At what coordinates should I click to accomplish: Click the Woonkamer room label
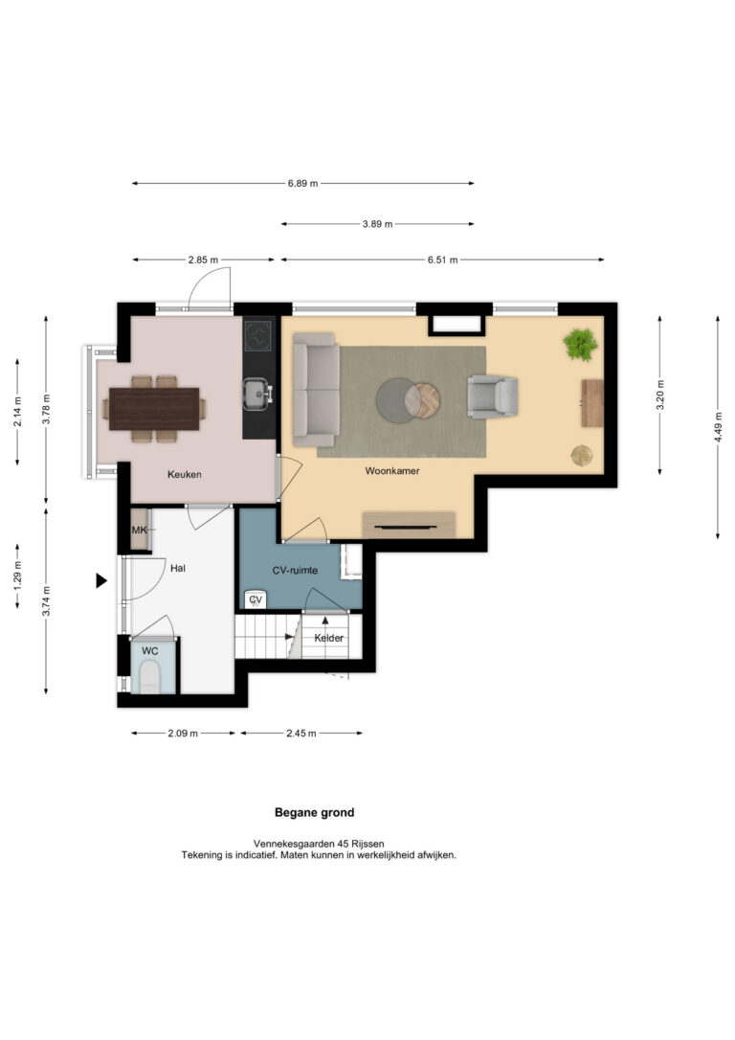(x=392, y=471)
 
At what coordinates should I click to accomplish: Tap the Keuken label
(x=185, y=474)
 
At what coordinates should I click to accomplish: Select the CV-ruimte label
(x=295, y=571)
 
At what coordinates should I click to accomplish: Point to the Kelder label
(x=328, y=638)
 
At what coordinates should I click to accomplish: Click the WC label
(x=150, y=651)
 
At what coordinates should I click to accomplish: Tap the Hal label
(x=178, y=569)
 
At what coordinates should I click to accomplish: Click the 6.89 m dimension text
(x=302, y=184)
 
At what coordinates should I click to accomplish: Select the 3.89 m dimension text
(x=377, y=224)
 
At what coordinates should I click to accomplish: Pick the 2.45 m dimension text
(x=301, y=734)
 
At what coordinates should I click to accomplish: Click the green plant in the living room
(x=581, y=345)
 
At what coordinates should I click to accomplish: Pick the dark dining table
(x=154, y=409)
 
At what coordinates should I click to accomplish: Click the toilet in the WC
(x=150, y=677)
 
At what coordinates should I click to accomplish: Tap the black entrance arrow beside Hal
(x=101, y=581)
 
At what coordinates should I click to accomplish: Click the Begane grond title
(x=315, y=812)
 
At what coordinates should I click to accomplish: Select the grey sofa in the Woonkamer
(x=316, y=390)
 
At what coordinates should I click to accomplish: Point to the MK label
(x=139, y=530)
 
